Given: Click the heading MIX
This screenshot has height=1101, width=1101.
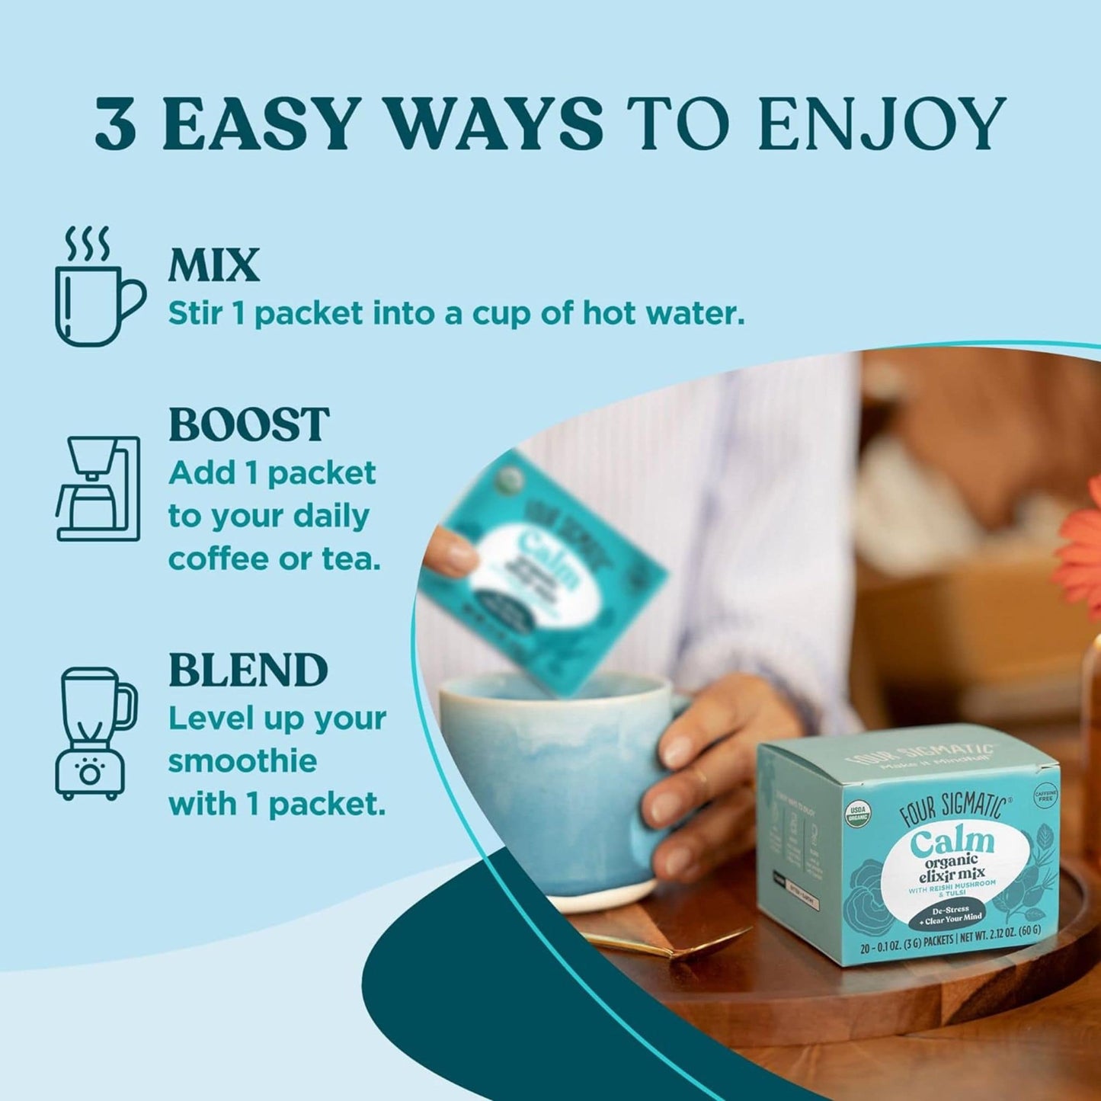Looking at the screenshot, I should point(214,266).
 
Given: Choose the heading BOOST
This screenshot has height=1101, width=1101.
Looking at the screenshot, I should point(248,424).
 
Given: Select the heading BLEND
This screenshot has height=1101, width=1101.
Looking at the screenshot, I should point(248,670).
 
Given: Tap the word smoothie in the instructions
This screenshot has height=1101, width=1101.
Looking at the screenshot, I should point(242,761).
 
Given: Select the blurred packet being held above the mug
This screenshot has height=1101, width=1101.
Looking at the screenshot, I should point(541,571).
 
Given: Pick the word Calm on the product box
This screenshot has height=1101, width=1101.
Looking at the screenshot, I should point(952,842).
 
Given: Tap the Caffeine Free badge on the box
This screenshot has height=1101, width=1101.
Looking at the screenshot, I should point(1045,796).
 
